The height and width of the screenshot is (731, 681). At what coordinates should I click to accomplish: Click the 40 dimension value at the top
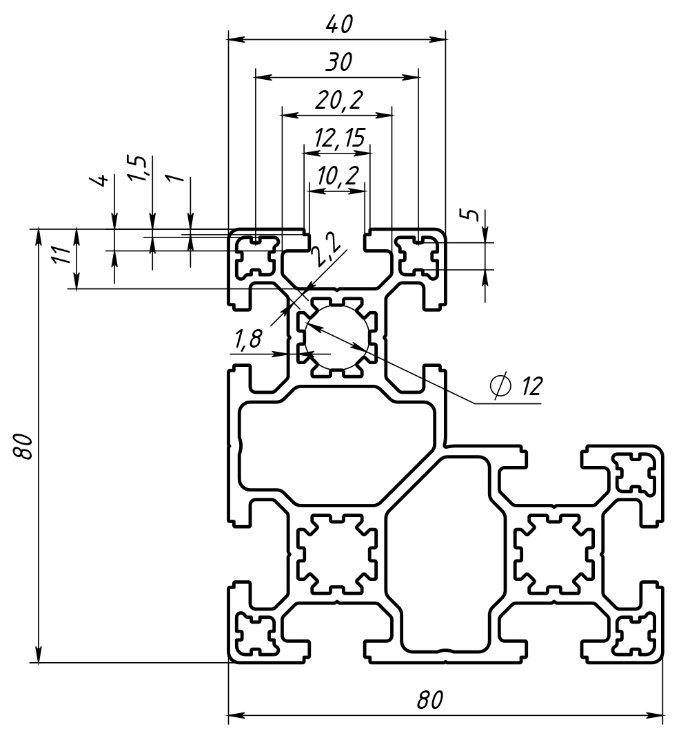click(338, 25)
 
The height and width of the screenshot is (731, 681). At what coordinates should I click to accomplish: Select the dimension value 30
click(338, 63)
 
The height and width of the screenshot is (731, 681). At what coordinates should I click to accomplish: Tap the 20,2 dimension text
click(338, 101)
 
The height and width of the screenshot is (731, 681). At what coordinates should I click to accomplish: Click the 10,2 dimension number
click(337, 176)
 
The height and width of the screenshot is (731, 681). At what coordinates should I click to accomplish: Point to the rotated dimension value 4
click(101, 181)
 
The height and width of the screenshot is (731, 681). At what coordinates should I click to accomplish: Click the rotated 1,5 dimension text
click(138, 169)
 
